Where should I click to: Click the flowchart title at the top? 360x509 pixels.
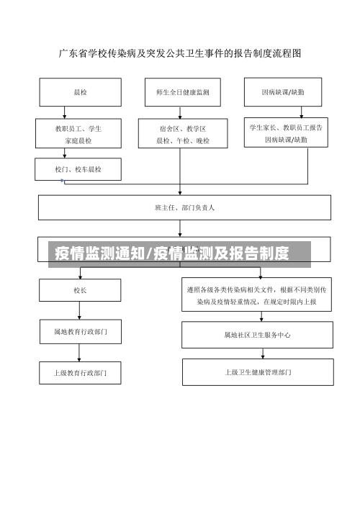pos(179,53)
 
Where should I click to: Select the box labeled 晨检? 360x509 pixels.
pos(78,92)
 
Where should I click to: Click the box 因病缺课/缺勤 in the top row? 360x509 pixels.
pos(287,92)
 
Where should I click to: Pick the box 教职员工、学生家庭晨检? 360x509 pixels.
pos(78,134)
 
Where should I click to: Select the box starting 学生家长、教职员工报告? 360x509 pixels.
pos(286,133)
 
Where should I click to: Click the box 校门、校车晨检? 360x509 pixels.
pos(78,169)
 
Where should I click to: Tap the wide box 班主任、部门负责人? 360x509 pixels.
pos(184,207)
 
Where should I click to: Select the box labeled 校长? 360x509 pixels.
pos(78,290)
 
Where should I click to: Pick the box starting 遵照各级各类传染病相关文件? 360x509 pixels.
pos(257,295)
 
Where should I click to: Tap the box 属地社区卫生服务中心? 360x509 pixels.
pos(257,334)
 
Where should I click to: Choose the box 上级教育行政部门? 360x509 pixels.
pos(79,372)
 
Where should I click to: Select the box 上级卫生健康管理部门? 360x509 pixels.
pos(257,372)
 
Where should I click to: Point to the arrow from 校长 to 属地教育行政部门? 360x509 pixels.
pos(78,310)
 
